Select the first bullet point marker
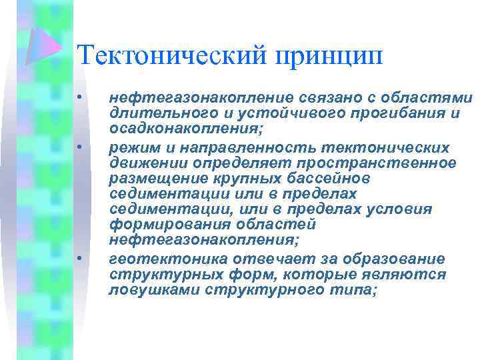(x=79, y=99)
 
